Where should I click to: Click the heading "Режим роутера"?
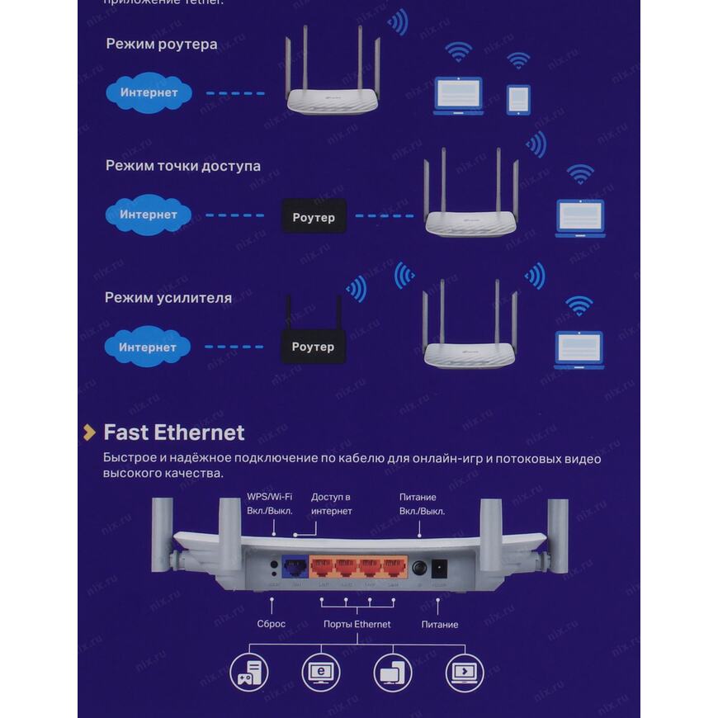[x=162, y=44]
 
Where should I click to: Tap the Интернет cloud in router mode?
[x=149, y=92]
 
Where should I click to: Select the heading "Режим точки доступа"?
[x=182, y=166]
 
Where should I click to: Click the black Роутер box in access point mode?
[x=314, y=217]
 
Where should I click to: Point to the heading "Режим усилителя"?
[x=168, y=297]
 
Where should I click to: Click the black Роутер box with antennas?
[x=313, y=347]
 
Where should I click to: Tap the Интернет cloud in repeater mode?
[x=148, y=347]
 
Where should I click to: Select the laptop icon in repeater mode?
[x=579, y=349]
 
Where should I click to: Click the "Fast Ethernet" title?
[x=174, y=432]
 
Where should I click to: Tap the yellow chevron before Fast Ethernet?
[x=89, y=432]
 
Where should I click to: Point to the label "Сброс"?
[x=271, y=624]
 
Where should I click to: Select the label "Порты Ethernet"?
[x=357, y=625]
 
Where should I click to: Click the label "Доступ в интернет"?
[x=332, y=504]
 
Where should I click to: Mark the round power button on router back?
[x=420, y=569]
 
